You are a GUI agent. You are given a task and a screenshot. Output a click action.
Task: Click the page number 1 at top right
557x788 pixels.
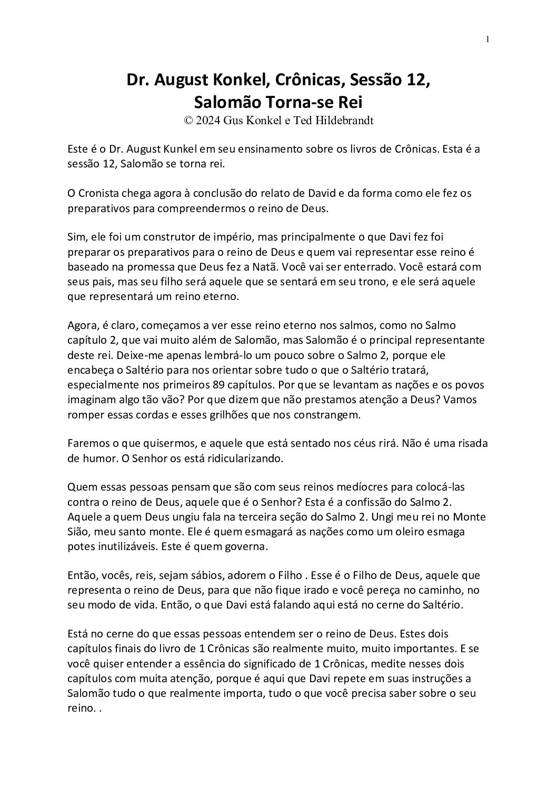click(x=488, y=39)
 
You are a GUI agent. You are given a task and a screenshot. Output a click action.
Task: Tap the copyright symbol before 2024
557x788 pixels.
click(x=188, y=120)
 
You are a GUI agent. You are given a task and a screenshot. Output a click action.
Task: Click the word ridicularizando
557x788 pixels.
click(x=247, y=458)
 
